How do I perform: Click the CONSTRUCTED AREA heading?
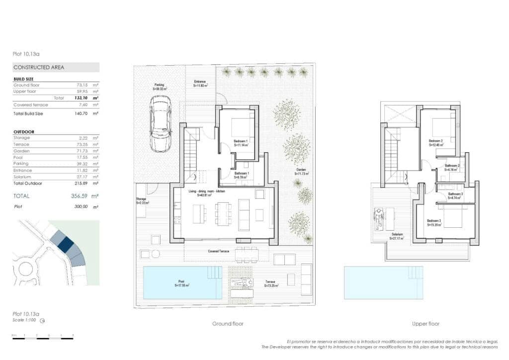tap(39, 67)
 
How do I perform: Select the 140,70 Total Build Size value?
tap(79, 114)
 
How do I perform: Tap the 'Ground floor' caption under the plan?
tap(228, 324)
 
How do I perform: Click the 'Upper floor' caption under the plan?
tap(425, 324)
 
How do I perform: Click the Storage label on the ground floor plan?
tap(142, 201)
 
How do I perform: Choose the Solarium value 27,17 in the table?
tap(79, 177)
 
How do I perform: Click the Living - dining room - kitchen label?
tap(205, 193)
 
